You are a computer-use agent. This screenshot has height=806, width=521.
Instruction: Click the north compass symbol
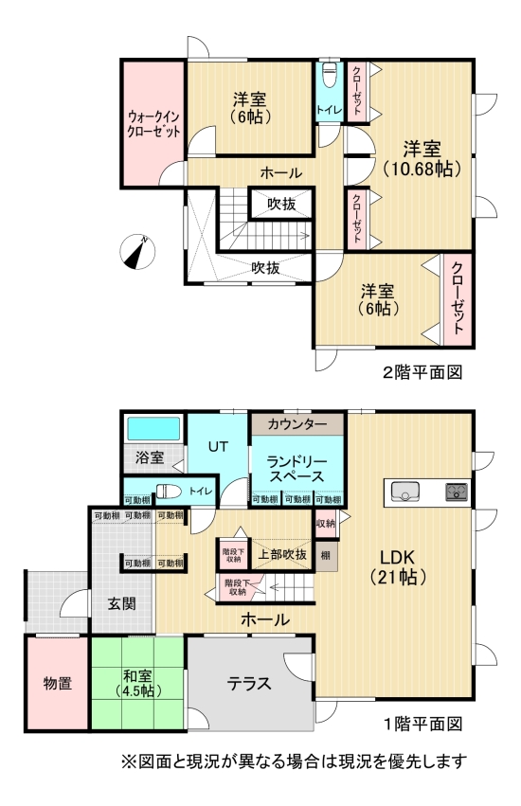point(139,253)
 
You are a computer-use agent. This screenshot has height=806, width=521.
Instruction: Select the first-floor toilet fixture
point(169,491)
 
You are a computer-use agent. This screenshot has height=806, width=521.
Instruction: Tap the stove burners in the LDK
point(456,492)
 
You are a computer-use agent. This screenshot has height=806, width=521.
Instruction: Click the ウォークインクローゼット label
point(153,124)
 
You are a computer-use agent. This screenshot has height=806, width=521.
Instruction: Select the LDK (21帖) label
point(398,565)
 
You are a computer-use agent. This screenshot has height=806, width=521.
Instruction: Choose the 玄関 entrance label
point(120,603)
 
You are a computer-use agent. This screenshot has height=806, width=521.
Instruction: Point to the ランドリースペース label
point(296,467)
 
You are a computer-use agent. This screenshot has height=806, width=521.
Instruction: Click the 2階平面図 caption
point(422,372)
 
